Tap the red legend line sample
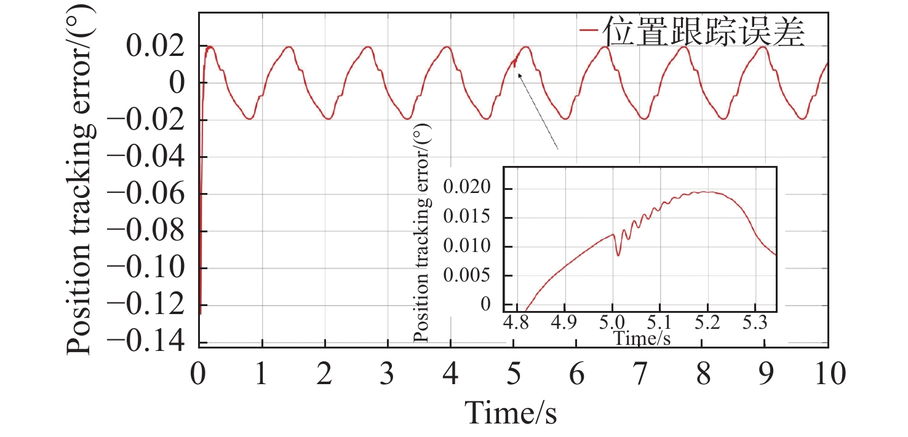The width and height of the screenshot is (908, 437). point(589,30)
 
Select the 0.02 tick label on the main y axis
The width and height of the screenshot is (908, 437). point(154,46)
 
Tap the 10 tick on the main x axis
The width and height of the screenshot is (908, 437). point(828,374)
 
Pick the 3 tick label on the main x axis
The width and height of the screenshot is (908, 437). point(388,374)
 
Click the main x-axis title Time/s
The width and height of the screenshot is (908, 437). point(511,412)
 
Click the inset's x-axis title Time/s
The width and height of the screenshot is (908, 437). point(642,337)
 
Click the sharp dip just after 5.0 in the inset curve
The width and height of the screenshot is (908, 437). point(618,254)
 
